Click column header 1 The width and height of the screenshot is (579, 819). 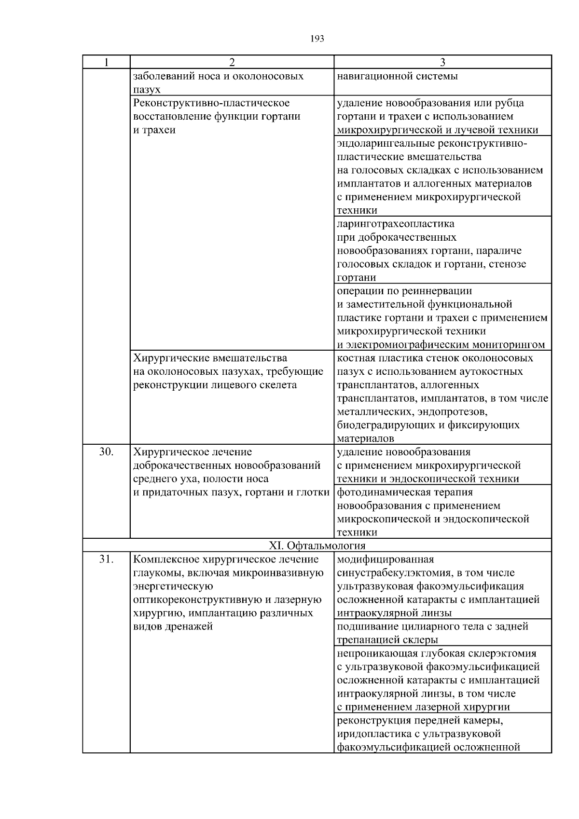tap(106, 62)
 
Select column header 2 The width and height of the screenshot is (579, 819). tap(232, 62)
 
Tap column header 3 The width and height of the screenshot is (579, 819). tap(442, 62)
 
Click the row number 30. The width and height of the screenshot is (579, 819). tap(106, 452)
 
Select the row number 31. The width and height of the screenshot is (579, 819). tap(106, 560)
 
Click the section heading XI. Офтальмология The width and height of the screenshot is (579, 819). tap(317, 546)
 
